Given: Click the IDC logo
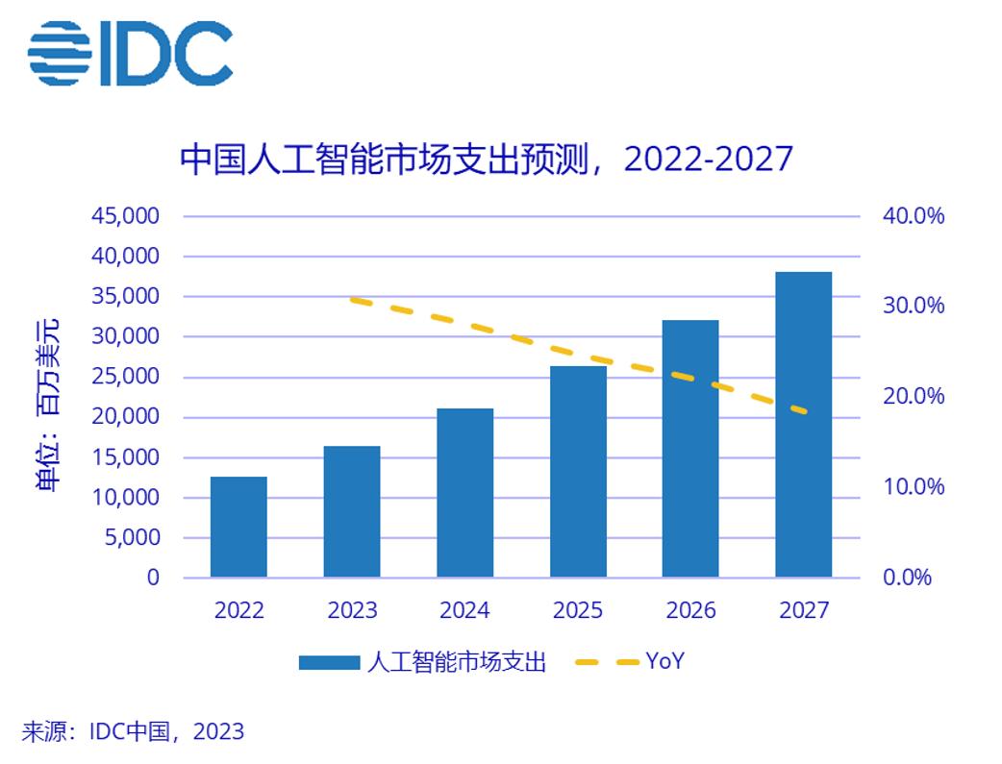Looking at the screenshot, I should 130,52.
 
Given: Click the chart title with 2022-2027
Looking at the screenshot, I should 486,159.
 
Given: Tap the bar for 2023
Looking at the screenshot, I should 352,511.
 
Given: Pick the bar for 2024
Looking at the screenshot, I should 464,493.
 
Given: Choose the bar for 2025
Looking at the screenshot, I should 578,471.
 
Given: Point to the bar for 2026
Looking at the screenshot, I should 690,448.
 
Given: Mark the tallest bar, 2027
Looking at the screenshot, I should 804,424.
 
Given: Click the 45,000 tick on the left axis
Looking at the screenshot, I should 125,215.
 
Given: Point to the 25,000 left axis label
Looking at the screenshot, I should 125,377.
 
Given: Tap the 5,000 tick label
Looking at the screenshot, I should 131,537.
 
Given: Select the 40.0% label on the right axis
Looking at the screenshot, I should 914,215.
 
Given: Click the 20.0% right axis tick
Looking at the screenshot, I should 914,396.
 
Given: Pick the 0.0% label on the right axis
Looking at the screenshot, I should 909,578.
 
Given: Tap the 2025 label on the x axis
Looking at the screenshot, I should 578,610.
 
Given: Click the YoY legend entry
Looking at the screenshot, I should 664,661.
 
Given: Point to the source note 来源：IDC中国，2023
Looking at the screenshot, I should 133,732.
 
